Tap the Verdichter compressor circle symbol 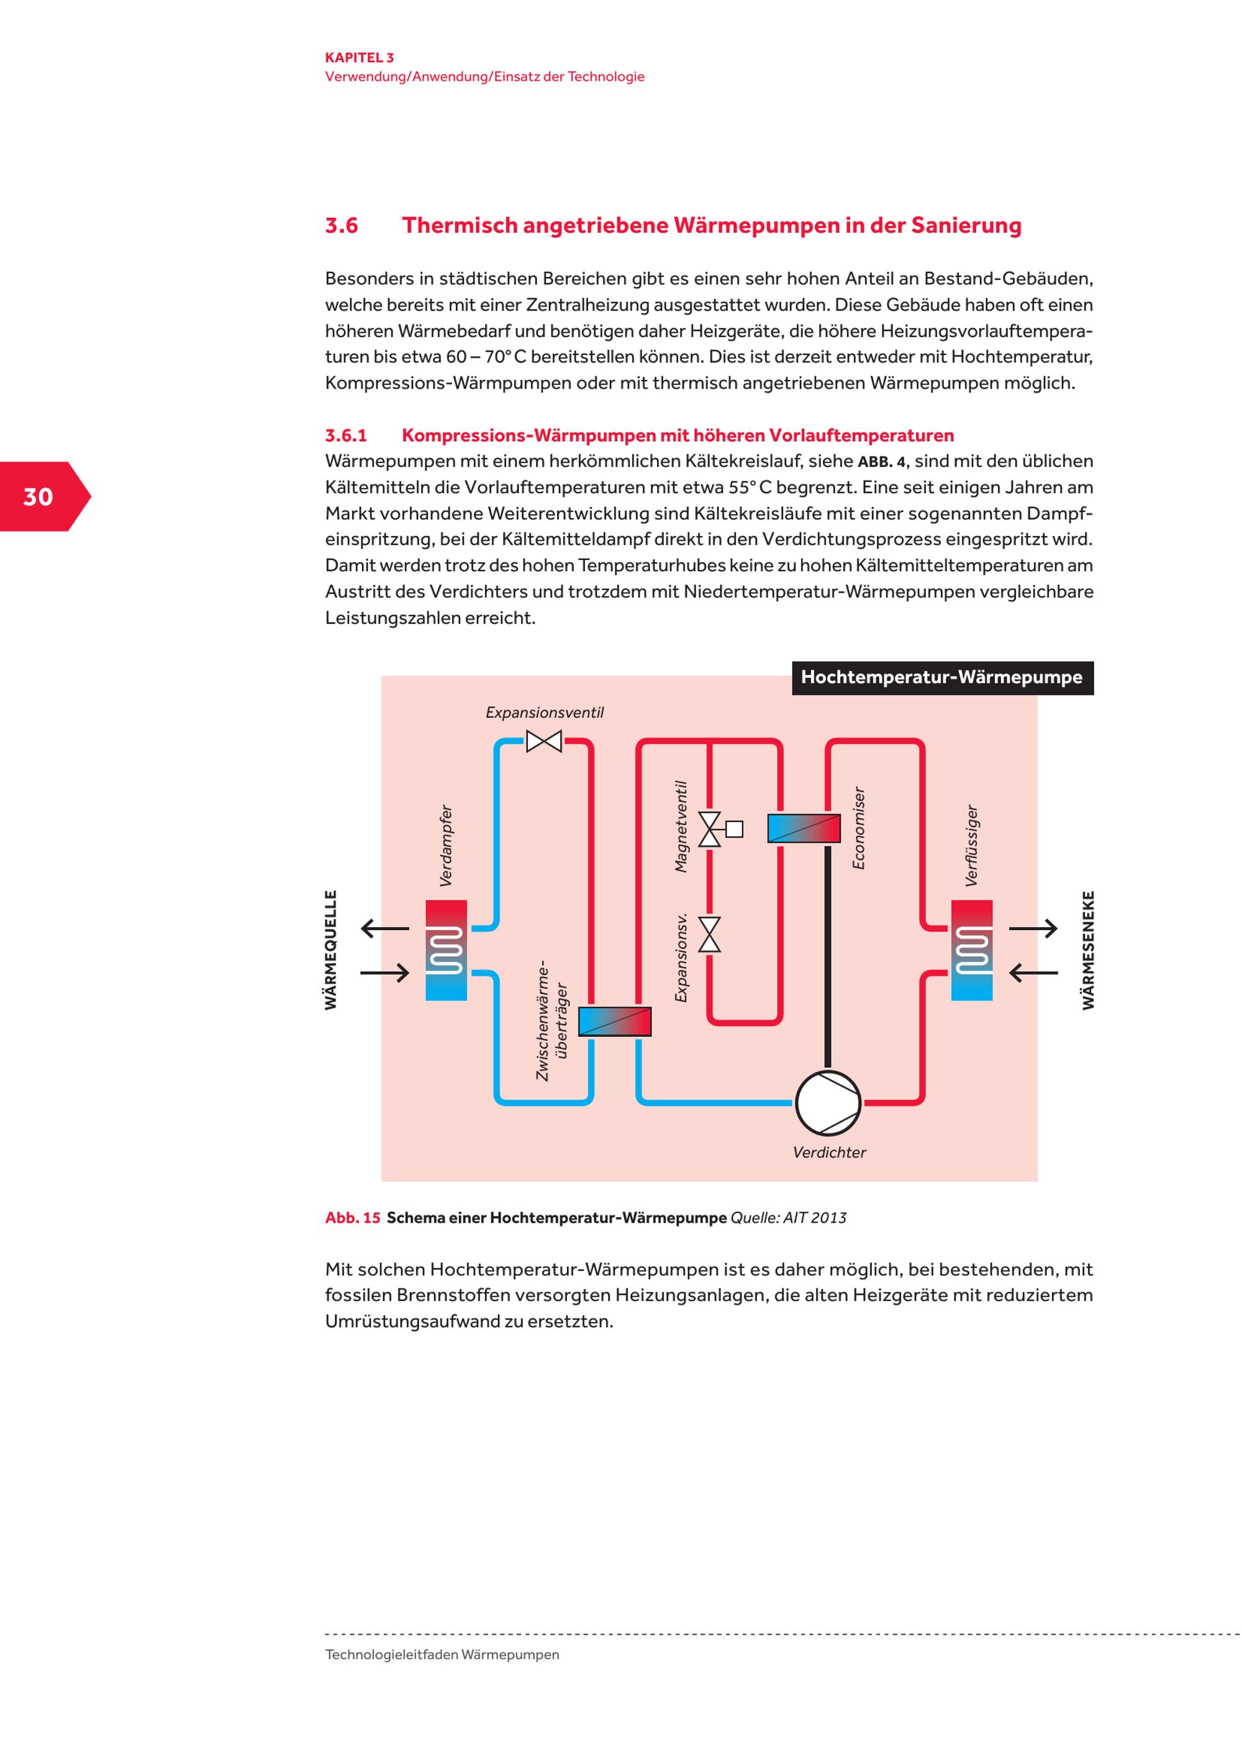[828, 1103]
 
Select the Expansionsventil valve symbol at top [544, 741]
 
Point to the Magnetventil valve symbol [711, 829]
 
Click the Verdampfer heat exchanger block [446, 950]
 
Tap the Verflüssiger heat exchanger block [971, 950]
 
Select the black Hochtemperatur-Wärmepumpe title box [941, 677]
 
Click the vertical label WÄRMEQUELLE [331, 950]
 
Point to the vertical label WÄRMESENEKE [1088, 950]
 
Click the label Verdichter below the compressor [829, 1152]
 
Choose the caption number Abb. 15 [353, 1218]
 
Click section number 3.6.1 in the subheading [346, 435]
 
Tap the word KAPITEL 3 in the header [360, 57]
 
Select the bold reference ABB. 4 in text [882, 462]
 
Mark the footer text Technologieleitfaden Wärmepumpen [442, 1654]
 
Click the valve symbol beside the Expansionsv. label [710, 935]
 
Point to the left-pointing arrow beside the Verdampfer [384, 928]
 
